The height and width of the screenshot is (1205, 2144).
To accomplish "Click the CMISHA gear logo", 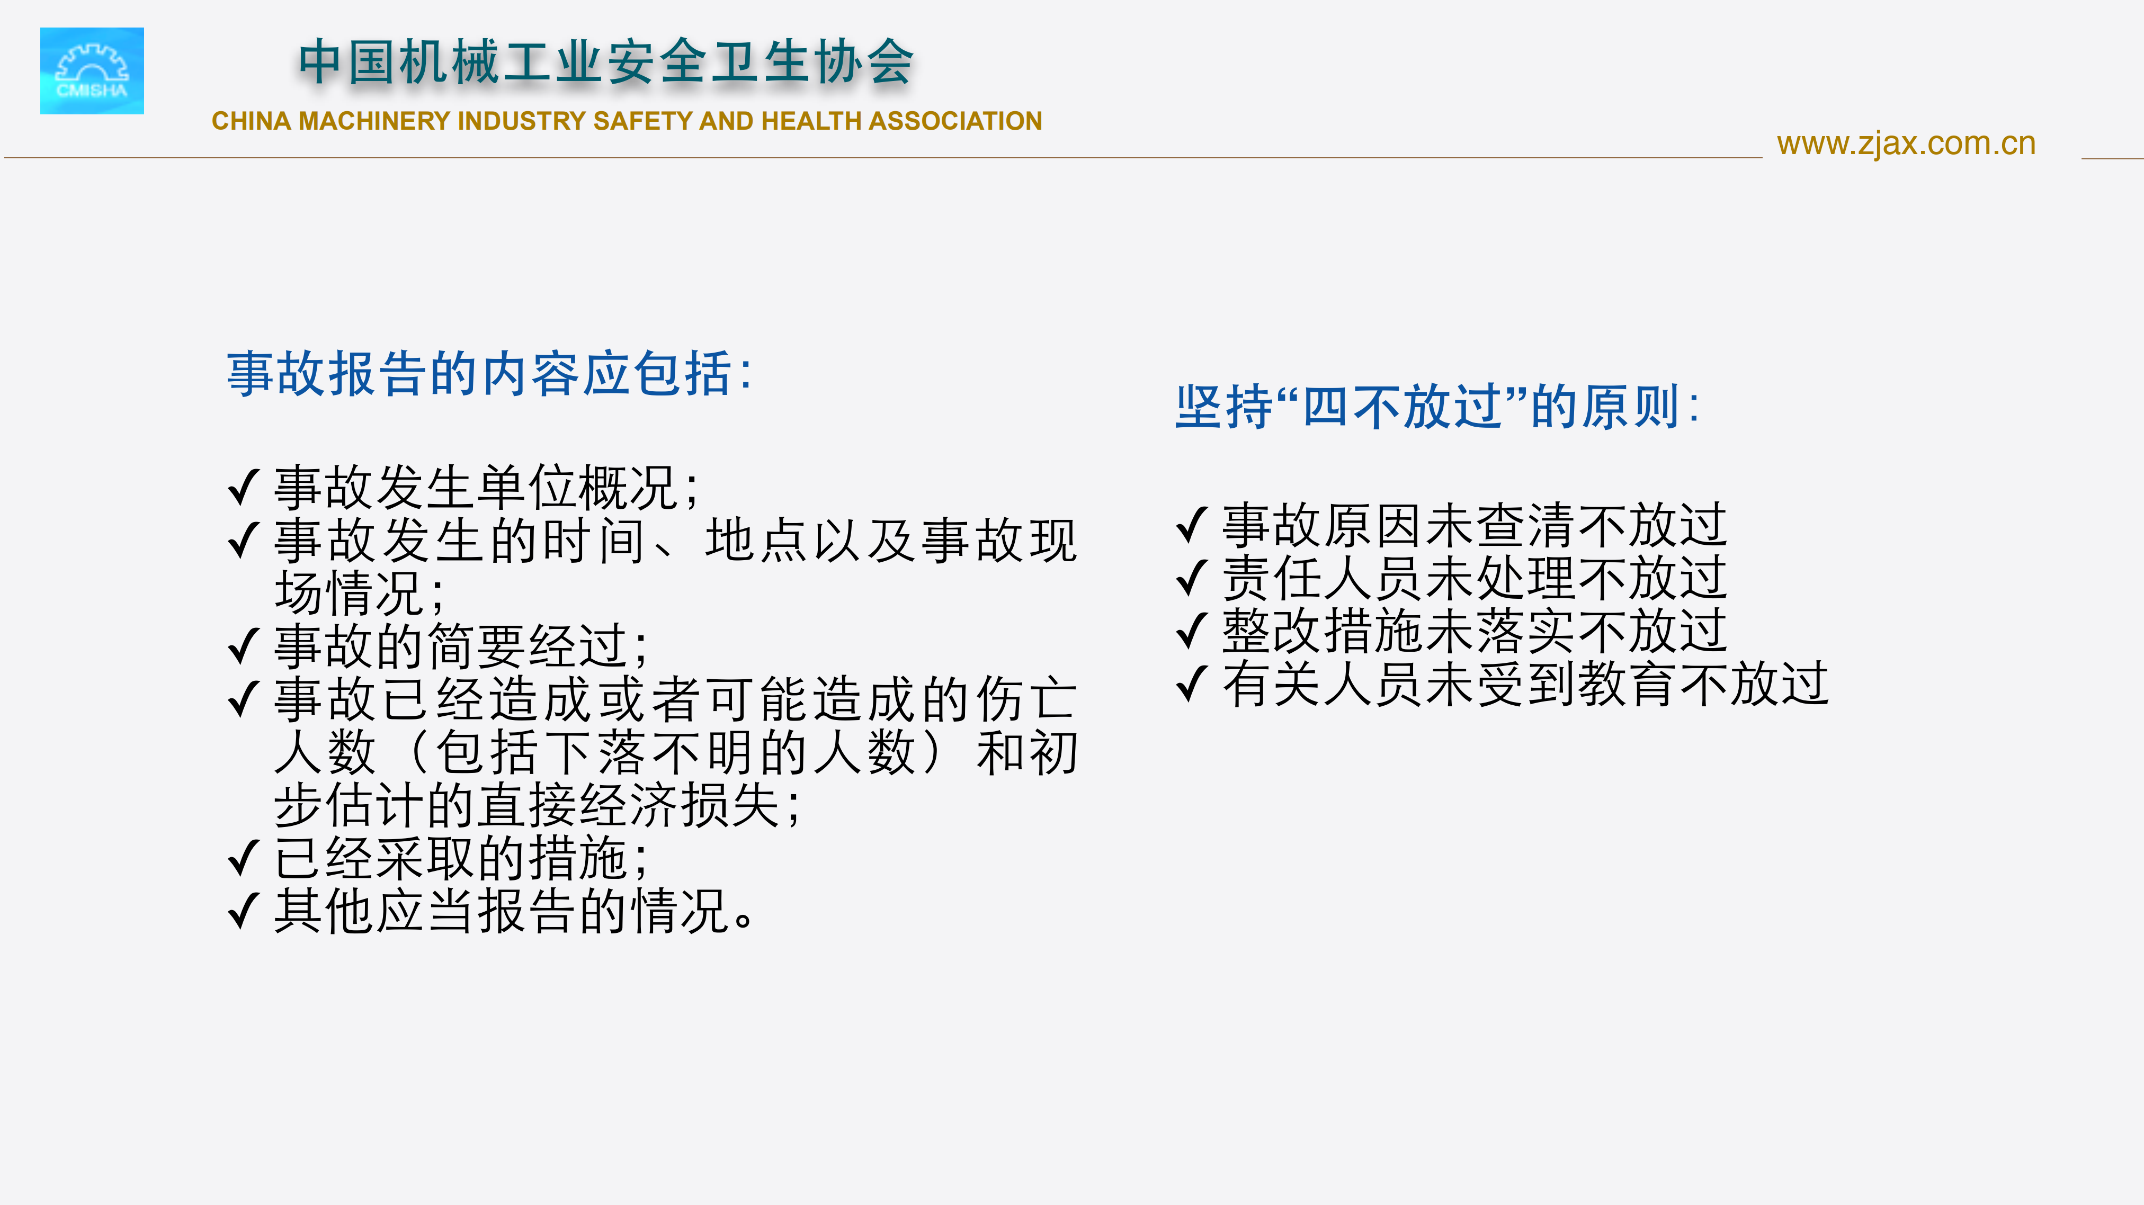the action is pyautogui.click(x=92, y=71).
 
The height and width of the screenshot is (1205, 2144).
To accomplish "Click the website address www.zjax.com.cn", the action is pyautogui.click(x=1906, y=144).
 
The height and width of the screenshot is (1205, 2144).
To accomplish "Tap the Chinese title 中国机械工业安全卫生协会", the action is pyautogui.click(x=606, y=62).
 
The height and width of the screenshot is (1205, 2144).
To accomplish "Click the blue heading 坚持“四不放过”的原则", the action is pyautogui.click(x=1436, y=407).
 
